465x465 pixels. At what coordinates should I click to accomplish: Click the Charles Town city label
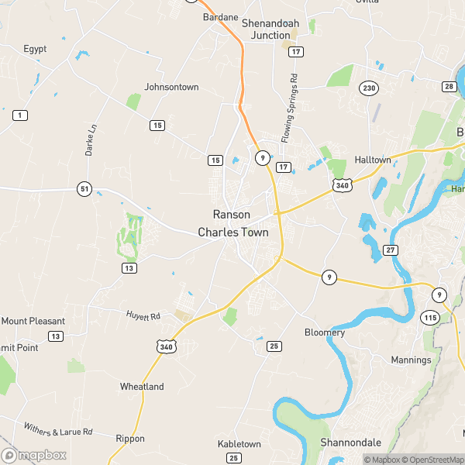click(x=233, y=232)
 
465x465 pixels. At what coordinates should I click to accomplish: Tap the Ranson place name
click(x=232, y=215)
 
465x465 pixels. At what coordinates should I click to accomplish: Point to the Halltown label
click(x=371, y=160)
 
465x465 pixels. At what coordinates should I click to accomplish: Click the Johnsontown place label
click(x=172, y=87)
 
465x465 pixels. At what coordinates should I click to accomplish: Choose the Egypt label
click(x=35, y=49)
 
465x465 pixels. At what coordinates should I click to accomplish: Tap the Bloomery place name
click(x=325, y=332)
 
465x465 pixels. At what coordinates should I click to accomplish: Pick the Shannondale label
click(x=351, y=443)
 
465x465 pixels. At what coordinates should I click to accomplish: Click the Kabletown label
click(x=239, y=444)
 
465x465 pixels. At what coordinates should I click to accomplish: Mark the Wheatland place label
click(x=142, y=387)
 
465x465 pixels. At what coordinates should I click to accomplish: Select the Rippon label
click(x=130, y=439)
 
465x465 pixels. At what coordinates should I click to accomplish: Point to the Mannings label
click(x=411, y=360)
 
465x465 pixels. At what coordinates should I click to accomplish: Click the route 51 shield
click(x=84, y=188)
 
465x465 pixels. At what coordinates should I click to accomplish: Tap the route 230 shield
click(x=368, y=88)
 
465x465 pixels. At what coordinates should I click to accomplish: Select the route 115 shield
click(x=429, y=318)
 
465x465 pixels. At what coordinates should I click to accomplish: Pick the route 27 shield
click(x=391, y=250)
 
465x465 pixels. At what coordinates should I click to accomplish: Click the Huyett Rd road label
click(x=143, y=316)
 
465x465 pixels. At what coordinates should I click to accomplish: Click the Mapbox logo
click(x=34, y=455)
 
